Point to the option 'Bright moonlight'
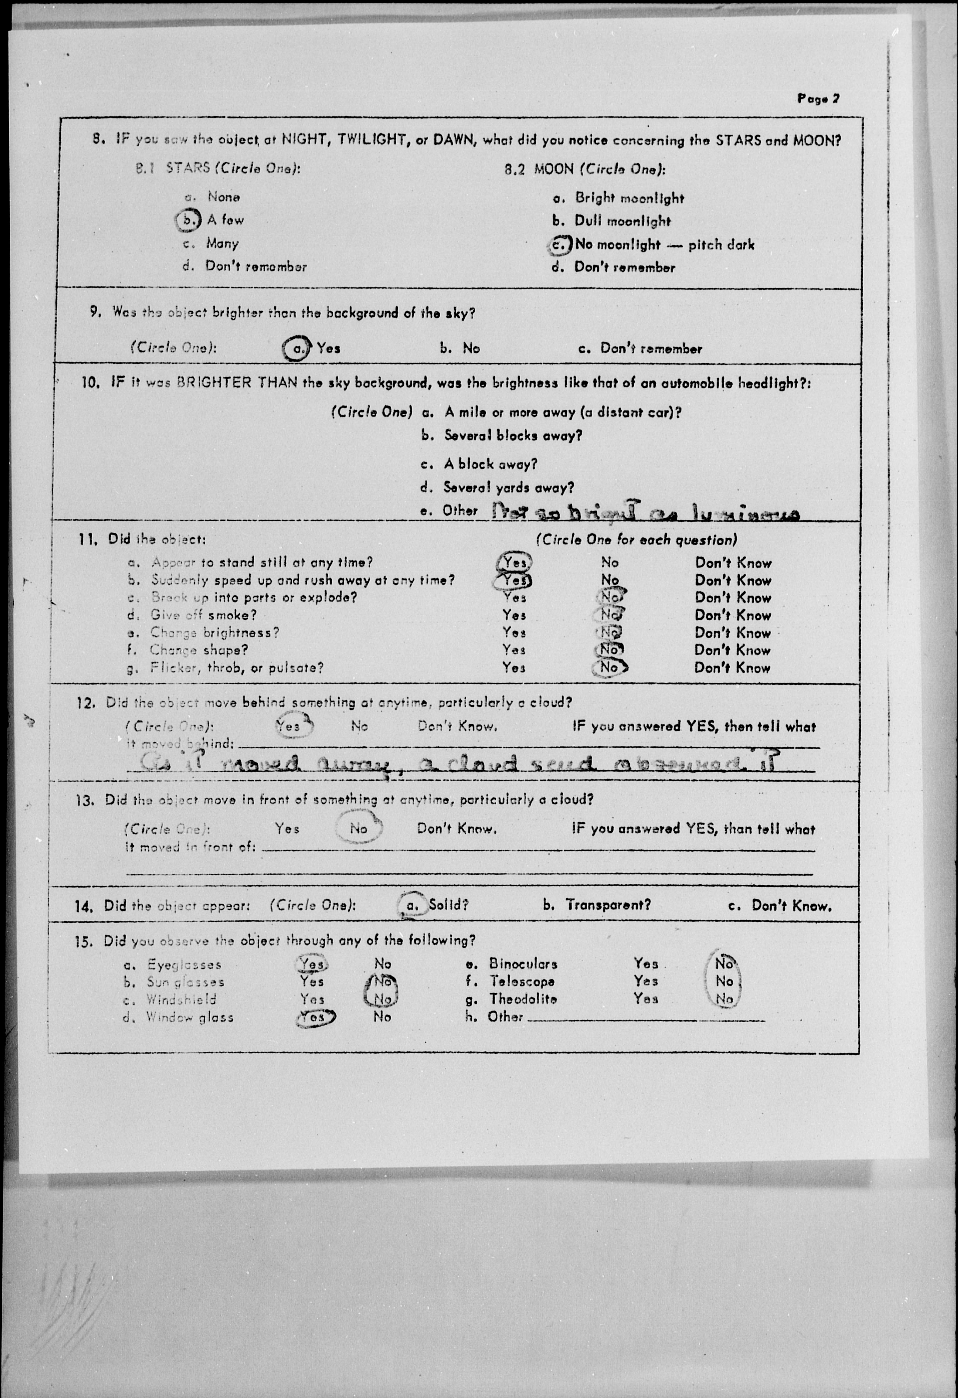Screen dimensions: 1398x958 (x=629, y=198)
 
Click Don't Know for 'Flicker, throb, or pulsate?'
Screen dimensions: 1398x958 (x=732, y=668)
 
